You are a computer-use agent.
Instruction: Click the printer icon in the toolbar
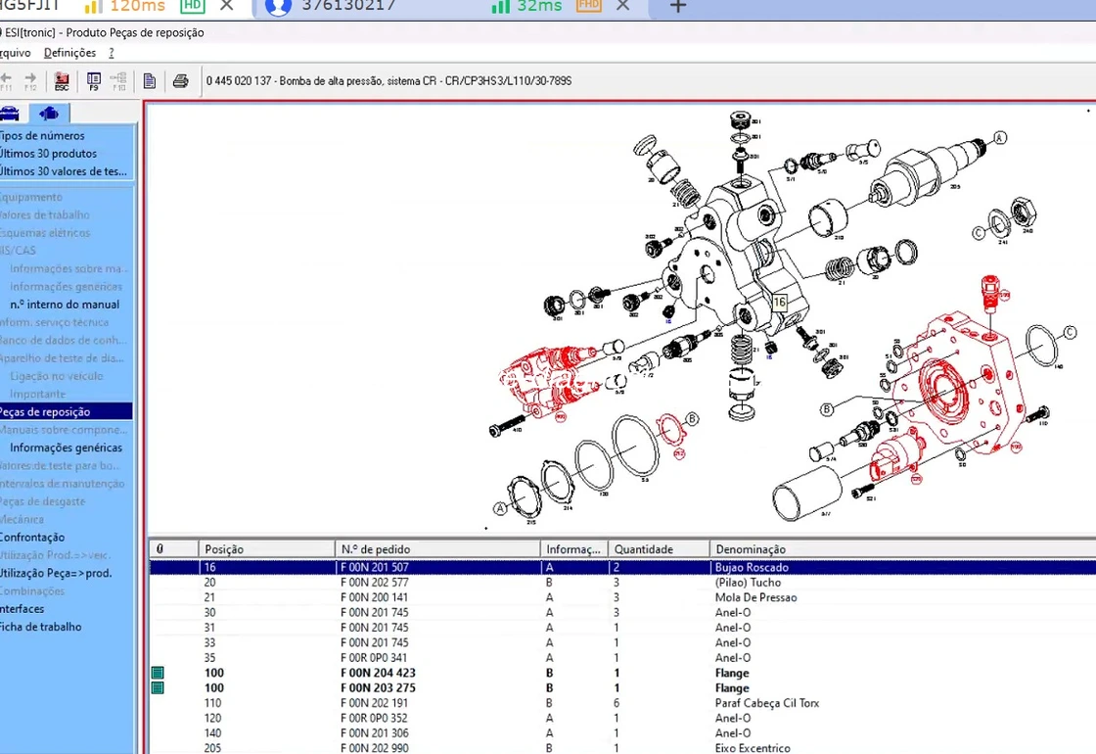tap(180, 81)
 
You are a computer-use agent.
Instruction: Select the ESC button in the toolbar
tap(62, 81)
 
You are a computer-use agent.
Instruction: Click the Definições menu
tap(69, 53)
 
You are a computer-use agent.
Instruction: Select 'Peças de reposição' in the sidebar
tap(46, 412)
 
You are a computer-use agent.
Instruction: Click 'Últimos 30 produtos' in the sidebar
tap(48, 154)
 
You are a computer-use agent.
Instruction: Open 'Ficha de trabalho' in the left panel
tap(40, 627)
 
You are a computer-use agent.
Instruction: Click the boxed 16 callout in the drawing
tap(779, 304)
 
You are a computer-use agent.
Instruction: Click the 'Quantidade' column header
tap(643, 549)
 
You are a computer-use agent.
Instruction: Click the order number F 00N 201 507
tap(374, 568)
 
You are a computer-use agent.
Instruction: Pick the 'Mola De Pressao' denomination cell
tap(755, 597)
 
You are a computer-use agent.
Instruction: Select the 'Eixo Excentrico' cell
tap(753, 748)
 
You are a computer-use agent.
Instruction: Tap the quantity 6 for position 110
tap(616, 703)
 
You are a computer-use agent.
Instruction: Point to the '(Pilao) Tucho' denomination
tap(748, 583)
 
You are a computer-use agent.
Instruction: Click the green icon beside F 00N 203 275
tap(157, 688)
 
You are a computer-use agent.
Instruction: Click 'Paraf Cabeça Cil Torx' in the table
tap(767, 703)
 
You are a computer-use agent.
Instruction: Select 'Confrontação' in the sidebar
tap(32, 538)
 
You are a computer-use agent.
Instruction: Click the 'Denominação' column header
tap(751, 549)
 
